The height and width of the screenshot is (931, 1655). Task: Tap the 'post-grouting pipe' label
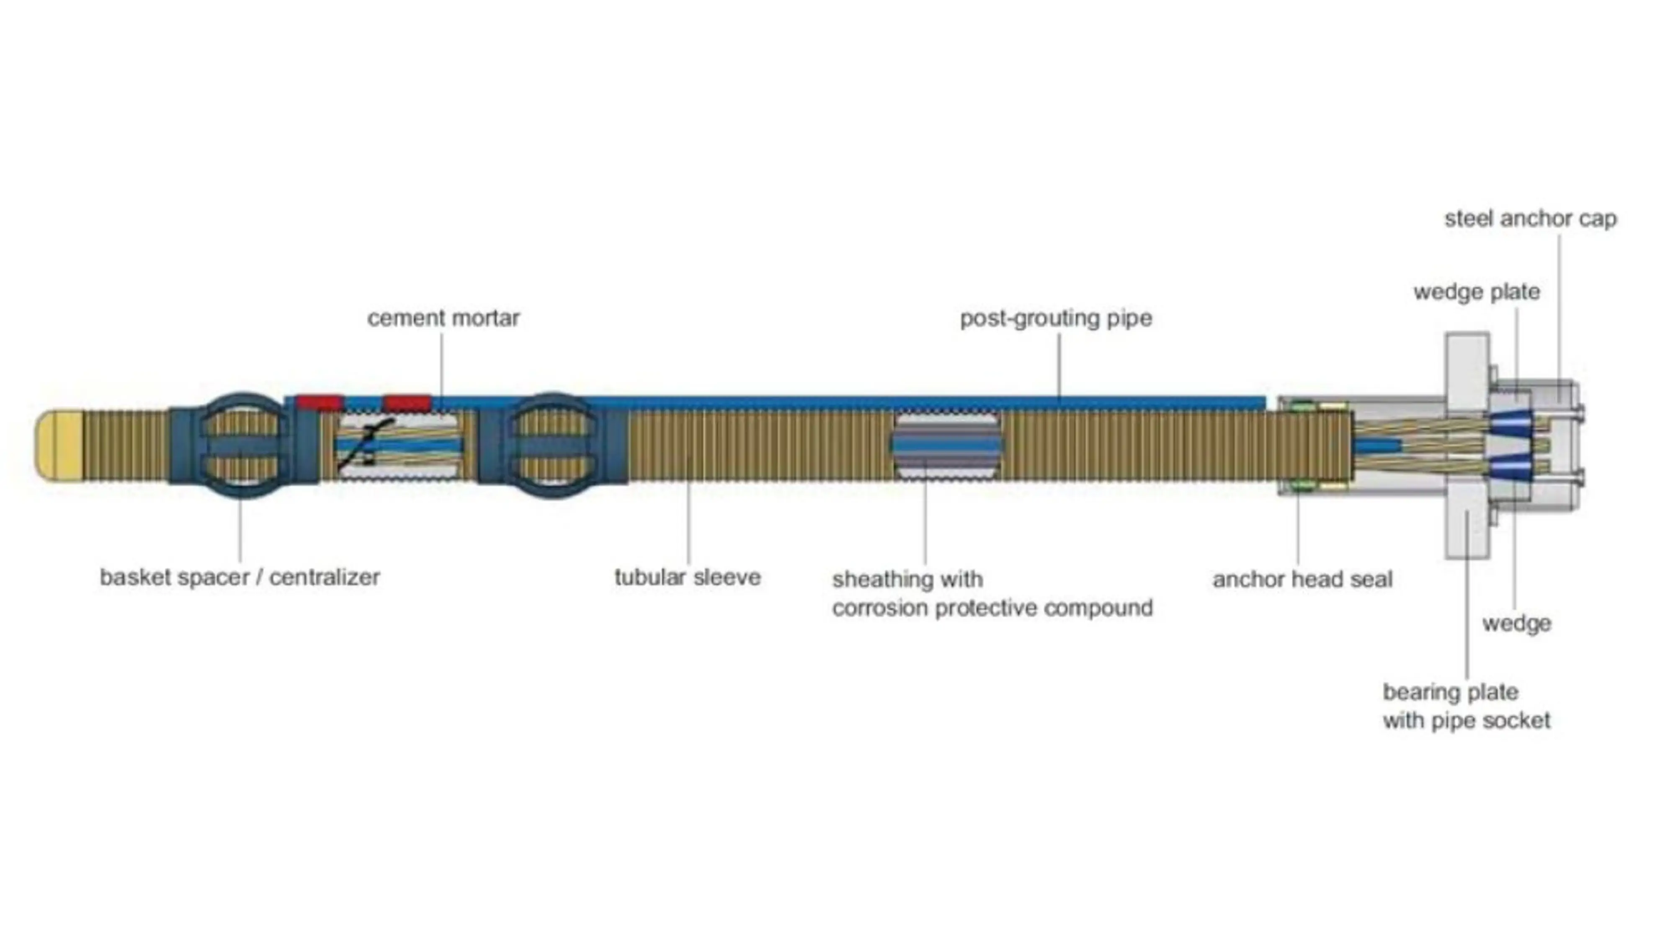tap(1056, 318)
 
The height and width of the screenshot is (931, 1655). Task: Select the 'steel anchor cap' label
tap(1530, 219)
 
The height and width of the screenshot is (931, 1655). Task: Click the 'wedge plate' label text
tap(1477, 292)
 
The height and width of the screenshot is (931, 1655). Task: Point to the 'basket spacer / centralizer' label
tap(240, 577)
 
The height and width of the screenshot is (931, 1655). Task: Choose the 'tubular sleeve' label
tap(688, 577)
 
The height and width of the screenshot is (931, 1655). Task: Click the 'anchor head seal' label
tap(1302, 580)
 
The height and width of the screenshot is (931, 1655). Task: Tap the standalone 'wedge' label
tap(1516, 623)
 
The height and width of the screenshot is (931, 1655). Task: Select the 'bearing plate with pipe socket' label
tap(1466, 706)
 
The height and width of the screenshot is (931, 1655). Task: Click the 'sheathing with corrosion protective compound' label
tap(992, 594)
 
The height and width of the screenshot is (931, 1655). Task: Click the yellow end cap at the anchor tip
tap(59, 445)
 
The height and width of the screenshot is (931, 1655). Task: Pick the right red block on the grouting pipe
tap(407, 403)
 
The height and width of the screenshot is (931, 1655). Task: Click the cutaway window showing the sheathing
tap(946, 446)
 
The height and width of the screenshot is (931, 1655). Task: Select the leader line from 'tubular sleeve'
tap(688, 514)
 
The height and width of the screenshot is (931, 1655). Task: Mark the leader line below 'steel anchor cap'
tap(1559, 308)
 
